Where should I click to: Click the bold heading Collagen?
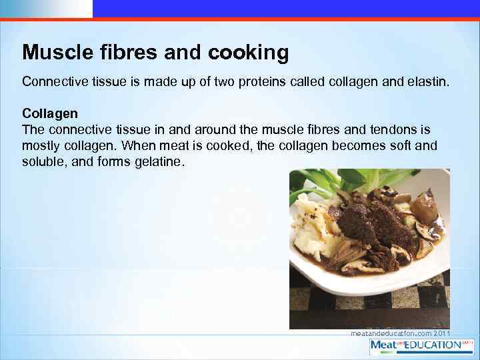point(50,114)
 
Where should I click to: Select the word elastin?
point(427,82)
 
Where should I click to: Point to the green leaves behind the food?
point(347,180)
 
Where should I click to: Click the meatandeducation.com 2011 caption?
point(400,333)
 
